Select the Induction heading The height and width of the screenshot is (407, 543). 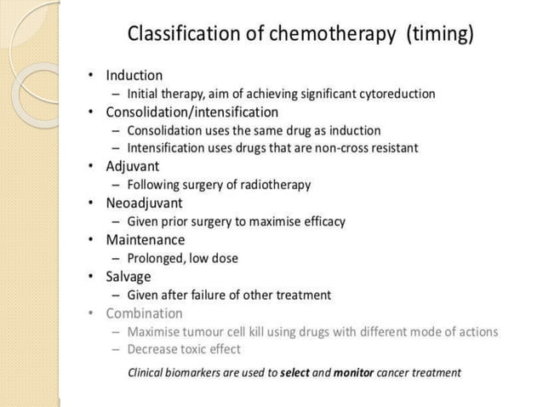pos(134,75)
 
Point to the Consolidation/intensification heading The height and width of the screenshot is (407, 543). pos(191,112)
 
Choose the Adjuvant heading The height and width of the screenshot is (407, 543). pos(132,166)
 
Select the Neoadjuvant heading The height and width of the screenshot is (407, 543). pos(144,203)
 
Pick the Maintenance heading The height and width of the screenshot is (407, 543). pos(145,240)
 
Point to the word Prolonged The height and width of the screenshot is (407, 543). pos(156,258)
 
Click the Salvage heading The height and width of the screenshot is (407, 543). pos(128,276)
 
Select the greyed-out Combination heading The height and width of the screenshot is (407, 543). pos(144,312)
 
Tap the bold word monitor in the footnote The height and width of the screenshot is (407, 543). pos(353,372)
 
